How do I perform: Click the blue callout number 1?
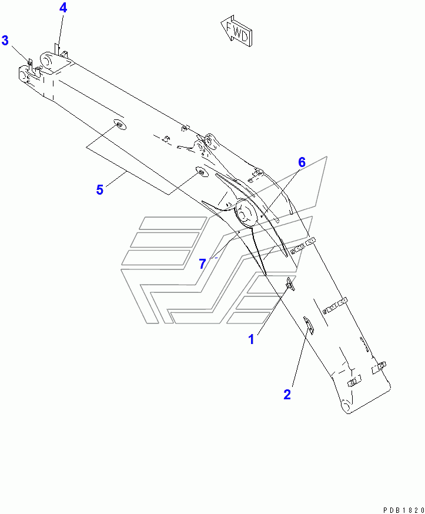point(251,339)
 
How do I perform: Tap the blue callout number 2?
point(287,395)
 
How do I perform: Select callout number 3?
point(5,41)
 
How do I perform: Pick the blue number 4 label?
point(63,8)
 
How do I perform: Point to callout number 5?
point(99,189)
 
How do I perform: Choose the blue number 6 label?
point(302,162)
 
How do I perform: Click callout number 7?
point(202,263)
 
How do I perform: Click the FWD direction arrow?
point(236,31)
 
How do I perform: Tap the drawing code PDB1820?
point(403,510)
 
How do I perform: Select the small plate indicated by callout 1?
point(290,284)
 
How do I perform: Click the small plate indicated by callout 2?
point(309,325)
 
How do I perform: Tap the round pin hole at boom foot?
point(346,407)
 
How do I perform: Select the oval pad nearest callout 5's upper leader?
point(119,125)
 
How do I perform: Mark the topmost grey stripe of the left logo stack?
point(173,223)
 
